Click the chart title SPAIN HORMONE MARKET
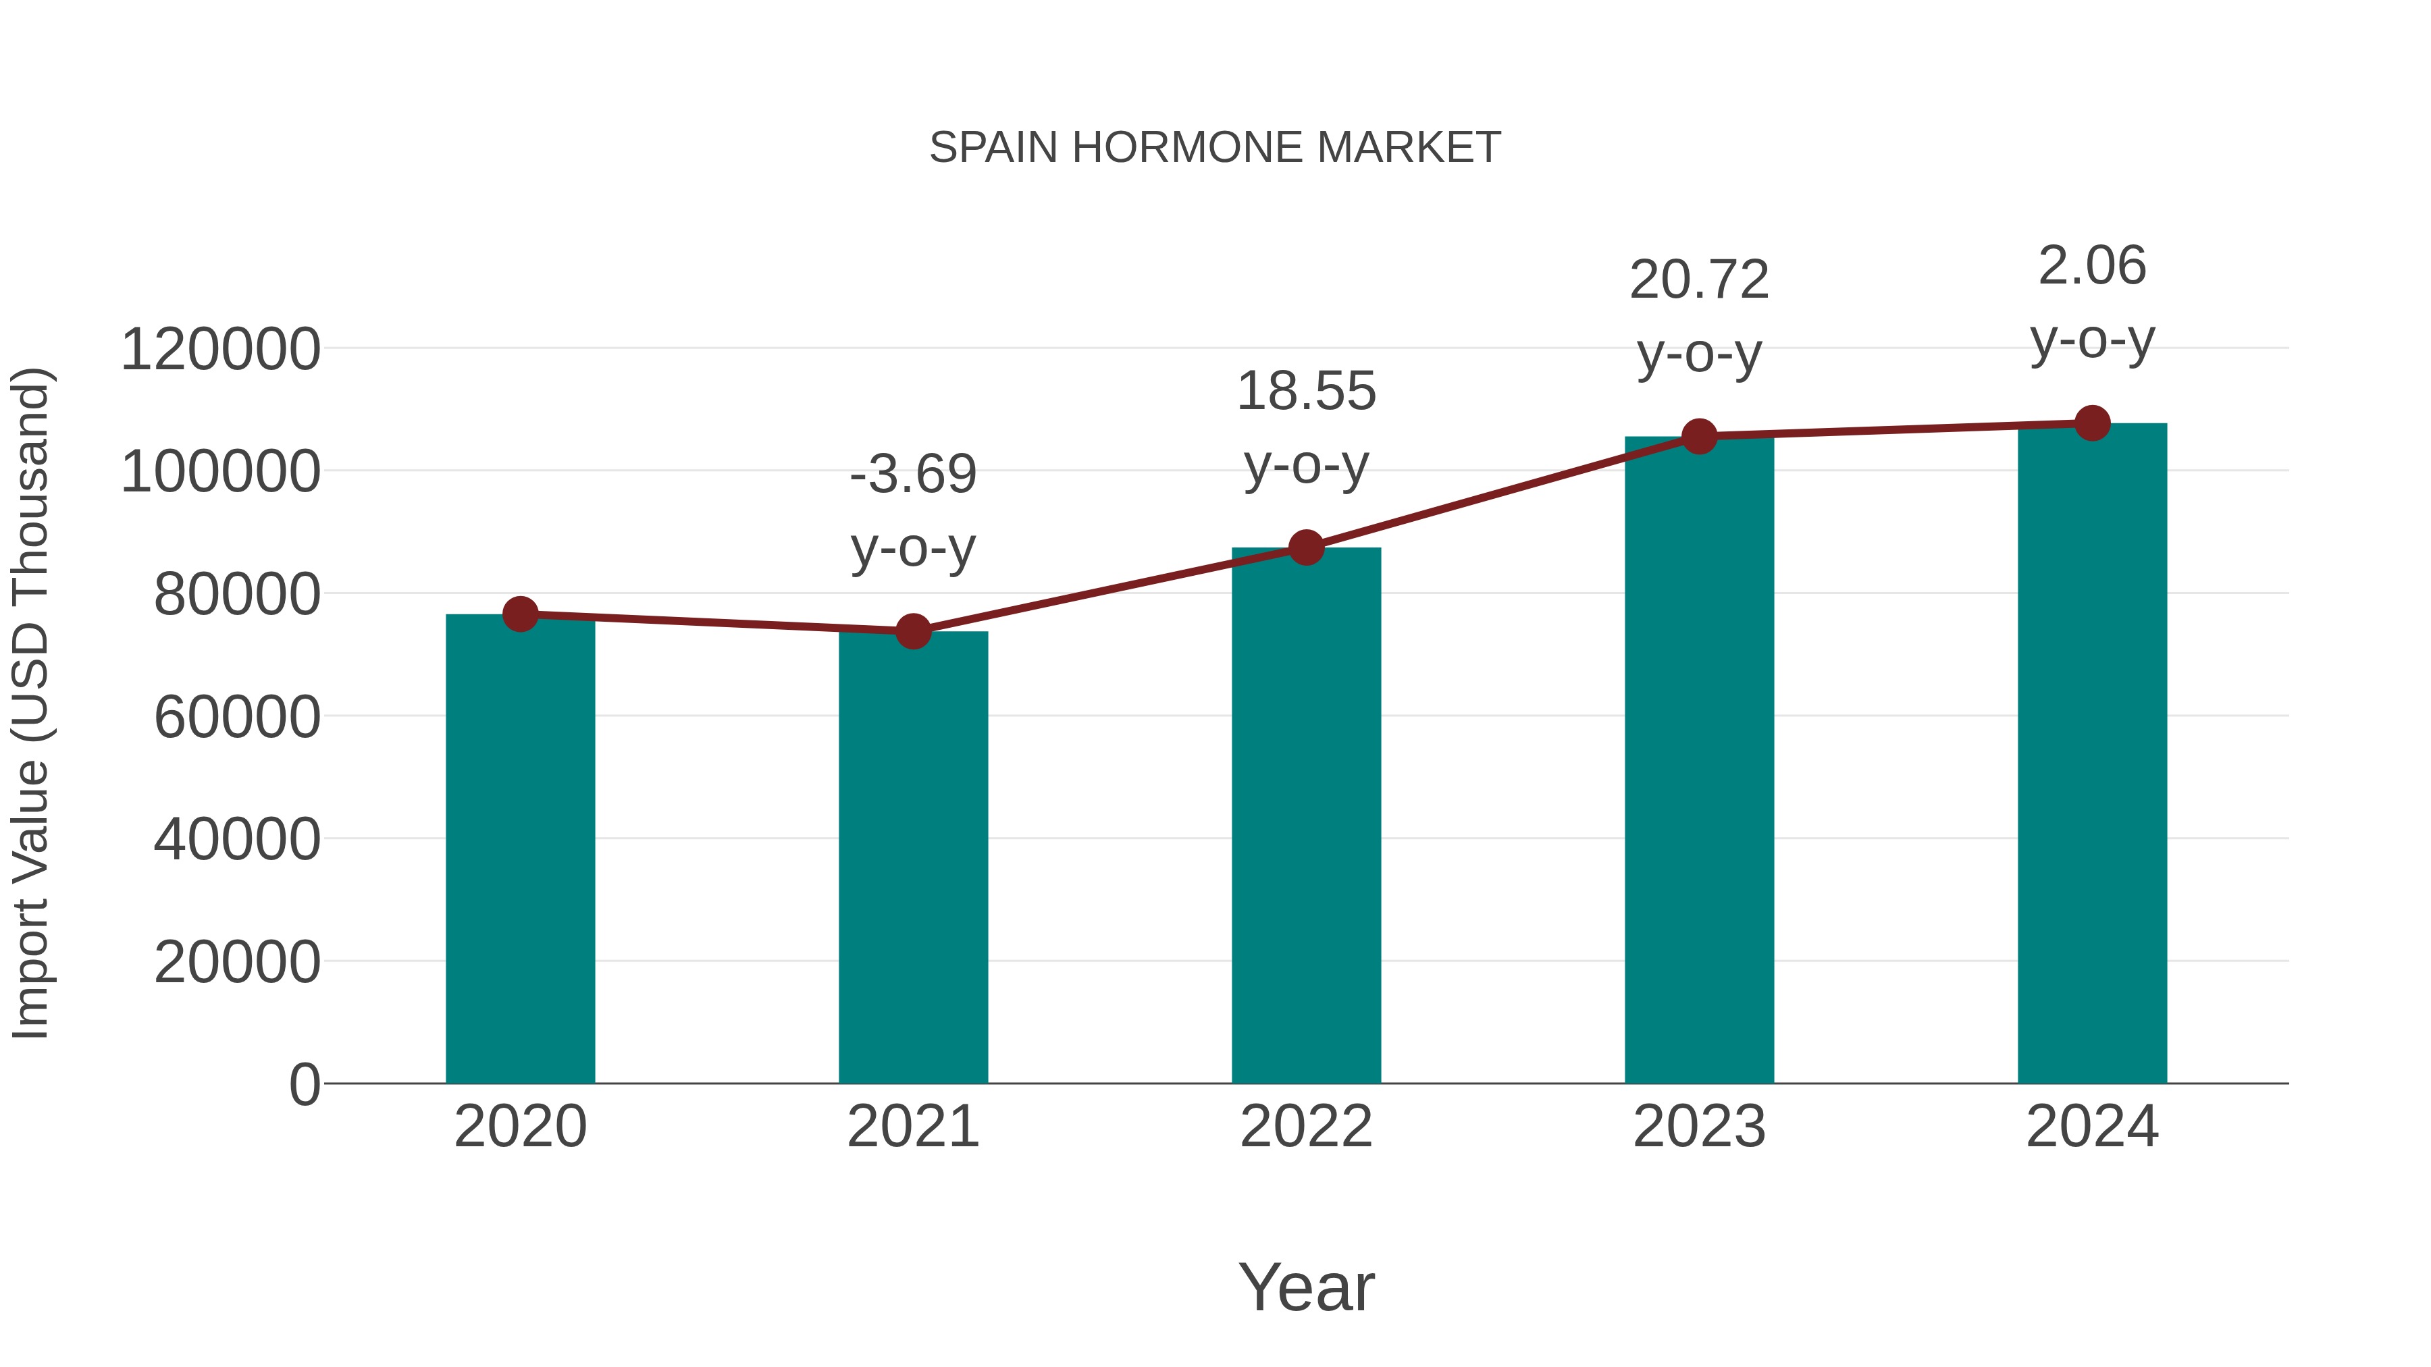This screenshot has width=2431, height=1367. [1215, 147]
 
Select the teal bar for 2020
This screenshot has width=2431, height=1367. [520, 849]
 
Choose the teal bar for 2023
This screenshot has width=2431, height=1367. [1699, 759]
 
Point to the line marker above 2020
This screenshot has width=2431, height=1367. [520, 614]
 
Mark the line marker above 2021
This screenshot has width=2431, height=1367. [912, 631]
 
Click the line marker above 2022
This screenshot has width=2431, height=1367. [1306, 547]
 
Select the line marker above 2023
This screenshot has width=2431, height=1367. [1699, 437]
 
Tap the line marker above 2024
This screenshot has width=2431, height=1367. [2092, 423]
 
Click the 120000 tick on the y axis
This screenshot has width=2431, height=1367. [220, 349]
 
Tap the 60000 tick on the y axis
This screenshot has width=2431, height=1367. [237, 717]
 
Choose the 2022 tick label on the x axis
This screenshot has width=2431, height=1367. [1306, 1127]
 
